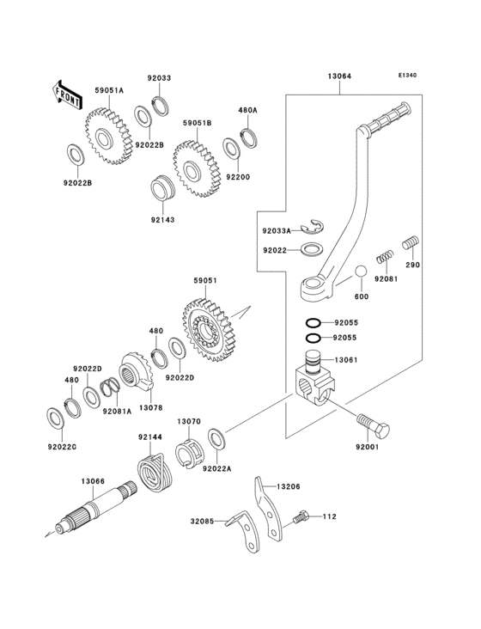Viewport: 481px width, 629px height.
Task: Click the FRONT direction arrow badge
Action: tap(68, 95)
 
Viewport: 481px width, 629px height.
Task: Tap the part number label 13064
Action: tap(338, 76)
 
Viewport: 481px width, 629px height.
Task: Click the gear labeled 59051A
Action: tap(106, 133)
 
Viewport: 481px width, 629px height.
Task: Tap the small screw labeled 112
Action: tap(300, 517)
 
